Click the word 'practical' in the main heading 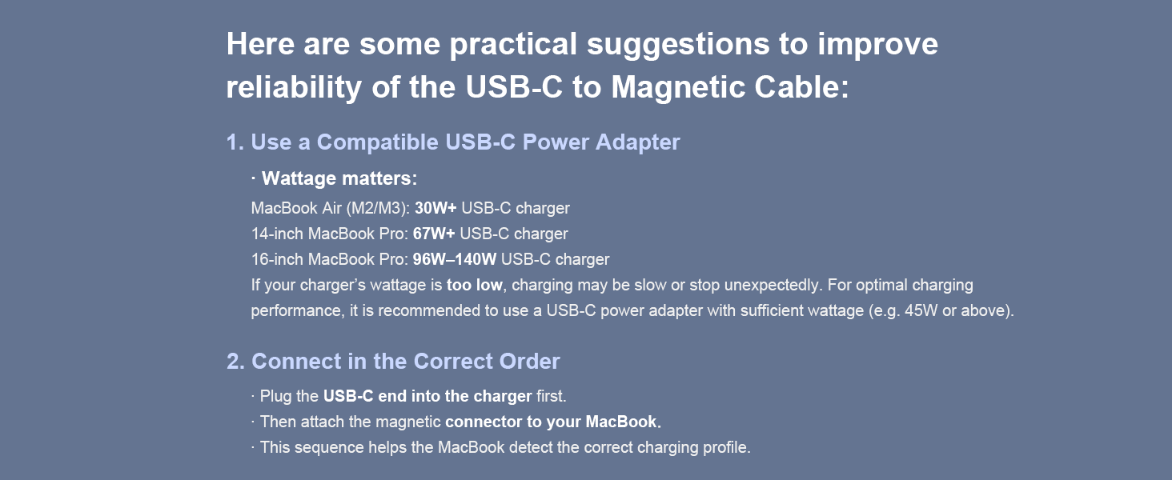(512, 45)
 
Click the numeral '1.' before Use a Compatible (235, 142)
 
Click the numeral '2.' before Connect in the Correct (235, 362)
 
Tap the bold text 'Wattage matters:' (339, 178)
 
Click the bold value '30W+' (435, 209)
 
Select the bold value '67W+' (434, 234)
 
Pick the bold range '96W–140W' (455, 260)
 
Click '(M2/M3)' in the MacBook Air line (378, 209)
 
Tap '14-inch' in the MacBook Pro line (277, 234)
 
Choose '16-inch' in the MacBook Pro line (277, 260)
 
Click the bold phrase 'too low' (475, 285)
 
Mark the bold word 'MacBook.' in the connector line (624, 422)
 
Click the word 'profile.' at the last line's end (725, 447)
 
